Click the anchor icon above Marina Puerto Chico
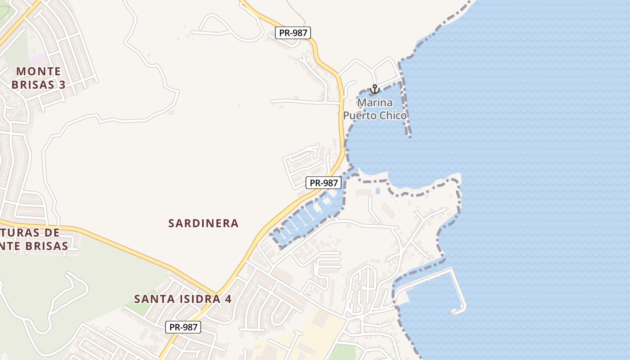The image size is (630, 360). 374,90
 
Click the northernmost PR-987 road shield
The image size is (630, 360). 293,32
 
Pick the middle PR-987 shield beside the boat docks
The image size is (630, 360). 324,183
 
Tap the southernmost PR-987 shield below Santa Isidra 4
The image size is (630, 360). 183,327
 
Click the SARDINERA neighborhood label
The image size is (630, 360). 203,223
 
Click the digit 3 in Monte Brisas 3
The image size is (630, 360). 62,85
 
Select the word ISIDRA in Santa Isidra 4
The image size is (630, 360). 193,299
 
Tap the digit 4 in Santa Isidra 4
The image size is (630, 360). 228,299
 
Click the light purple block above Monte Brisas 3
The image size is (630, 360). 38,59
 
